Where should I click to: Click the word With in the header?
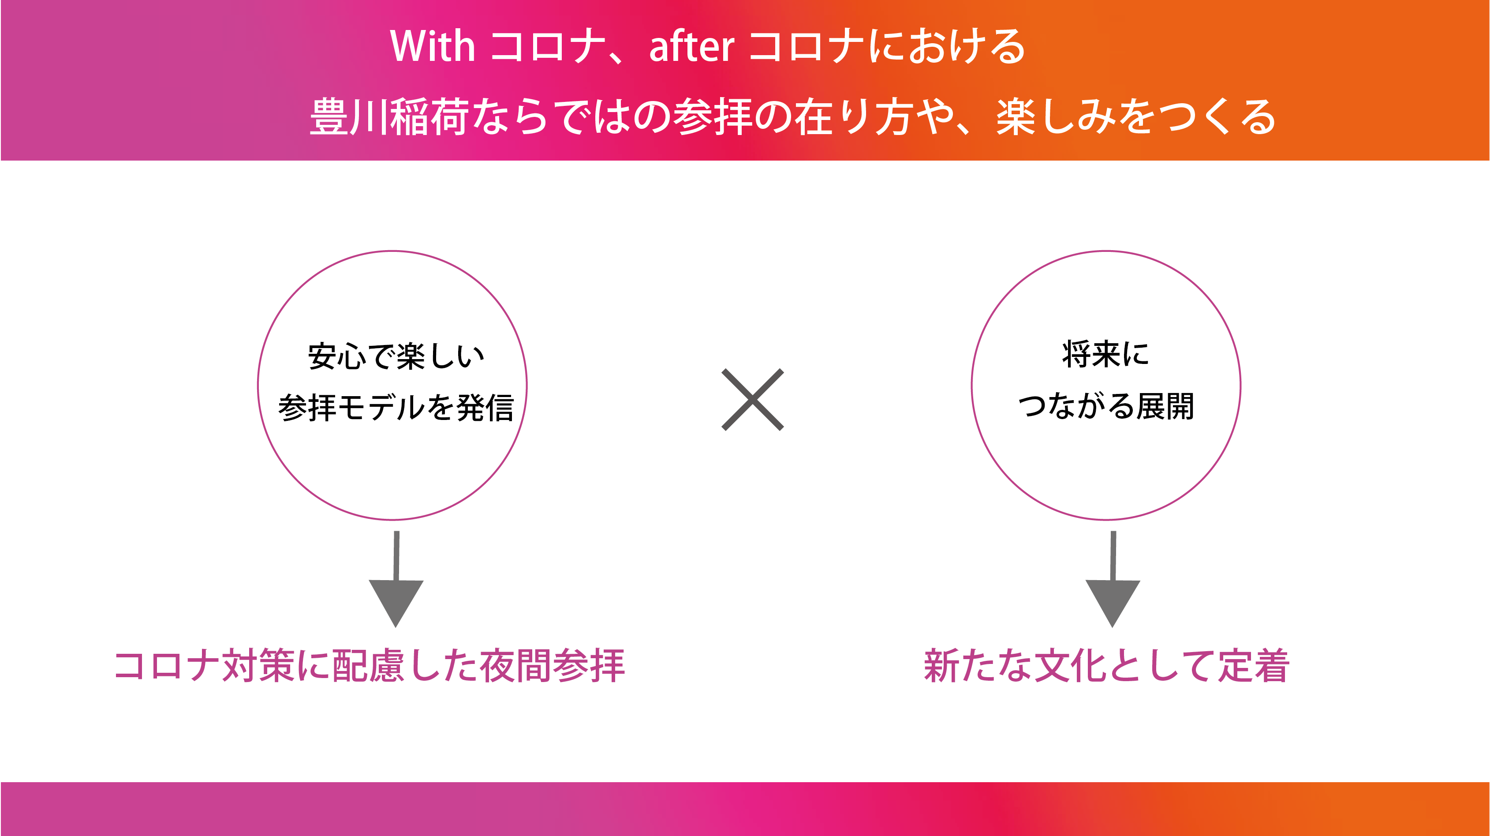[433, 46]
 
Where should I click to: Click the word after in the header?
[692, 46]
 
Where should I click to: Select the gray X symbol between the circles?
[753, 400]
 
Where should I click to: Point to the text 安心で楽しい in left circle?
[396, 356]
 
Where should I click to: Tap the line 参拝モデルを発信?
[396, 407]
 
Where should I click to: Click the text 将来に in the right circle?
[1105, 354]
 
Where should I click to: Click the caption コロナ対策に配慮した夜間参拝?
[370, 665]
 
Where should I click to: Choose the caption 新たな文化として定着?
[1106, 665]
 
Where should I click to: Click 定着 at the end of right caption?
[1254, 665]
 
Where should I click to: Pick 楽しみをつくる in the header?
[1136, 117]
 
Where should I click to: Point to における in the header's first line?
[947, 46]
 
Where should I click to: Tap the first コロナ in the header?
[547, 46]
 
